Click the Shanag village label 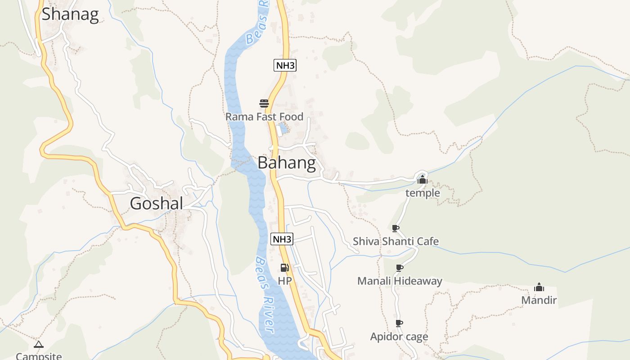(x=70, y=14)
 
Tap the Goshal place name (x=156, y=203)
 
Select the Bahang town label (x=287, y=163)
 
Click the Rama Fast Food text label (x=264, y=117)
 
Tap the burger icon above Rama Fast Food (x=264, y=103)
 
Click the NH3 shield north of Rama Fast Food (x=285, y=65)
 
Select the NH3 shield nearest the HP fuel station (x=282, y=239)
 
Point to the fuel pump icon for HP (x=284, y=268)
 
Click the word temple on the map (x=423, y=193)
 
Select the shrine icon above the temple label (x=422, y=180)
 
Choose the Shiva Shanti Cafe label (x=396, y=242)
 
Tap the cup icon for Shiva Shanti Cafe (x=395, y=229)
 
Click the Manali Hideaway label (x=400, y=281)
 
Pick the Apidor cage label (x=399, y=337)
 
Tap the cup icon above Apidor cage (x=399, y=323)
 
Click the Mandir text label (x=539, y=300)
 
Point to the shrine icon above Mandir (x=539, y=288)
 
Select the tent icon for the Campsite (x=39, y=345)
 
